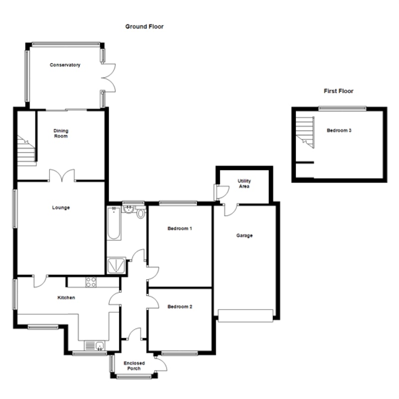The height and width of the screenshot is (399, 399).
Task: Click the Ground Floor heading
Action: point(144,26)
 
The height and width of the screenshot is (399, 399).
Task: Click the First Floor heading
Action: point(339,91)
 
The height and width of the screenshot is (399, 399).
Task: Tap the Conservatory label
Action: point(65,65)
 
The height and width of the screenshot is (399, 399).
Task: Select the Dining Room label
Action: point(61,133)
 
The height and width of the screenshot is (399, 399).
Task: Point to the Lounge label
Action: point(61,207)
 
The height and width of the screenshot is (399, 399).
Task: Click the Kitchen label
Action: point(66,297)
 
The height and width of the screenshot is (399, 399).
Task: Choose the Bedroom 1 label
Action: point(180,228)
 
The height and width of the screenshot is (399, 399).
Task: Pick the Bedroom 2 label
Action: point(180,307)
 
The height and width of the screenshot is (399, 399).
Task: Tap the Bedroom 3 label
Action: point(339,130)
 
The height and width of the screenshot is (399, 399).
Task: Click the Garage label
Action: point(244,235)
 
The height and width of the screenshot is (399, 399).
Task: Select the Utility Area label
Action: point(244,184)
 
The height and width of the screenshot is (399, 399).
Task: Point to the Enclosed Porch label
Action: point(134,366)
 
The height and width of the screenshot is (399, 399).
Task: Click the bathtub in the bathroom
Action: point(114,223)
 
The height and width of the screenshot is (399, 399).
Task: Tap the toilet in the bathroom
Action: point(141,213)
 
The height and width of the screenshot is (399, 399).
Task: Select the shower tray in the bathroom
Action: point(116,265)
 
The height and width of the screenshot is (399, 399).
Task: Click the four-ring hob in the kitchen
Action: point(91,282)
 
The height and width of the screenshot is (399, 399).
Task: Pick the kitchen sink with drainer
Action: point(94,346)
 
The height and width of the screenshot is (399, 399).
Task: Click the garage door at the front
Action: point(245,316)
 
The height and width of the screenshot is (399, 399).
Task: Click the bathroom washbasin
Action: point(128,209)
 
